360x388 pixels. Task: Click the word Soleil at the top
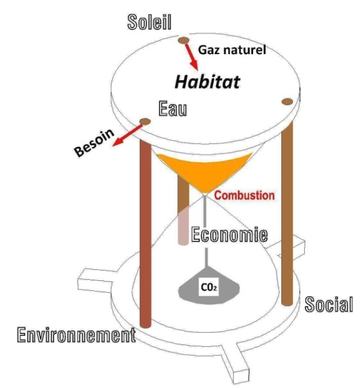click(149, 22)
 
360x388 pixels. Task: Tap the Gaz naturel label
click(232, 50)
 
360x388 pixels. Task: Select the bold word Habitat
click(207, 82)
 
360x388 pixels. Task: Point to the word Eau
click(173, 108)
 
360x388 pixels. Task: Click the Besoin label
click(94, 143)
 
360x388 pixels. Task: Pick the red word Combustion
click(245, 196)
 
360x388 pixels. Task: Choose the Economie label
click(229, 234)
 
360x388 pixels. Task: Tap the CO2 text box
click(209, 287)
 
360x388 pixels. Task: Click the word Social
click(329, 304)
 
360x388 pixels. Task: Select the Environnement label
click(76, 335)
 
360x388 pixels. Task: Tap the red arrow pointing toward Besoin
click(127, 136)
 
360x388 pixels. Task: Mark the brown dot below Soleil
click(184, 41)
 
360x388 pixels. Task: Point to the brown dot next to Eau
click(145, 122)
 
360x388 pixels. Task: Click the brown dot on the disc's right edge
click(288, 101)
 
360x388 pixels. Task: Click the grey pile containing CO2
click(209, 286)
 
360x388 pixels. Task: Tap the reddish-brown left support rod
click(146, 232)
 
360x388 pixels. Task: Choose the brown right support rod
click(287, 213)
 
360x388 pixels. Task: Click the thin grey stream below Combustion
click(206, 231)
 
